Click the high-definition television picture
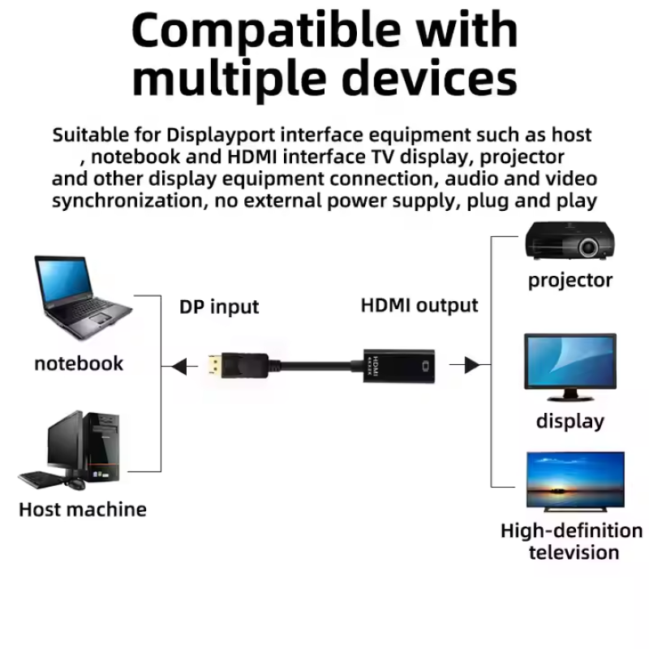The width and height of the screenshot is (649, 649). tap(575, 480)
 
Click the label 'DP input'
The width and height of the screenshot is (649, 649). tap(219, 307)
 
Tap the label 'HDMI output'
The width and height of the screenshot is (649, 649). tap(419, 305)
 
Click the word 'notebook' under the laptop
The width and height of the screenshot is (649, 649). tap(79, 363)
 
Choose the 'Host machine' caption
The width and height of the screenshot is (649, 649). tap(83, 509)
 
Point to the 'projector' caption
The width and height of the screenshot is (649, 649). tap(570, 281)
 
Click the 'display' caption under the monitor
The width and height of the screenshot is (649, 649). tap(570, 421)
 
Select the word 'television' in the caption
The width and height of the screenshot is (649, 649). tap(574, 553)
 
